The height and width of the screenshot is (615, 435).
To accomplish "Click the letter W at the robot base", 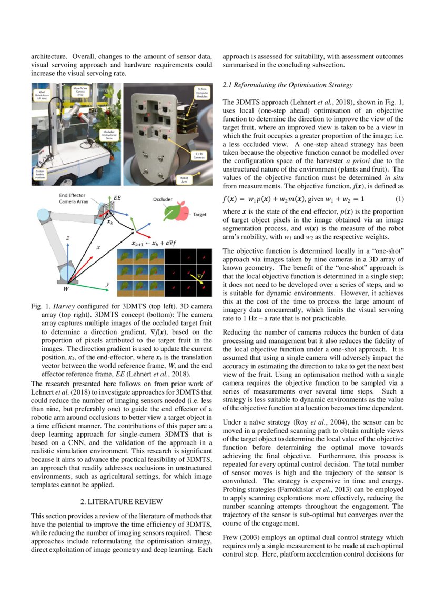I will [66, 288].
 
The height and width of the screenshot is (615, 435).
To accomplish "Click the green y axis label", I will [107, 284].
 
